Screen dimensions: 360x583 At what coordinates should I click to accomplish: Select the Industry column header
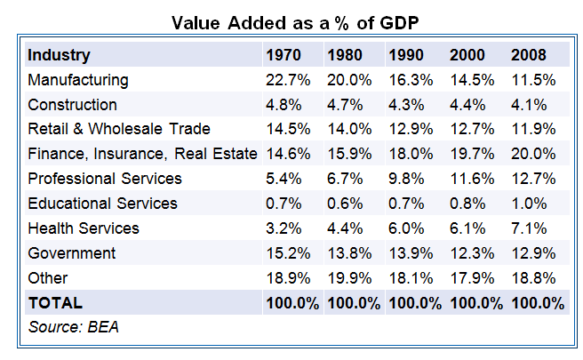coord(59,55)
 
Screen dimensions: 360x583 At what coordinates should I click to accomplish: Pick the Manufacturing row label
coord(78,80)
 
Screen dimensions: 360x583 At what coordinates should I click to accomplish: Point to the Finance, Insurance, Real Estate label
coord(142,154)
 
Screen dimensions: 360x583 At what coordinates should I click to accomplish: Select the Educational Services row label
coord(102,204)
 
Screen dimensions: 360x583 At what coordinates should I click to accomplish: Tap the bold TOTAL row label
coord(55,303)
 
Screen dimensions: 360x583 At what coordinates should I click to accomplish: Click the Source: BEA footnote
coord(74,327)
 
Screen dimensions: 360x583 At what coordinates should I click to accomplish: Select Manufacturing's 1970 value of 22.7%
coord(288,80)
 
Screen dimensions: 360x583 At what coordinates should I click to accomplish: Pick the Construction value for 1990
coord(410,105)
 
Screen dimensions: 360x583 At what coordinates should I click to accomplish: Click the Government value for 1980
coord(349,253)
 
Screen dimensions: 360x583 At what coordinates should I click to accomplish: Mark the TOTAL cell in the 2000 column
coord(475,303)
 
